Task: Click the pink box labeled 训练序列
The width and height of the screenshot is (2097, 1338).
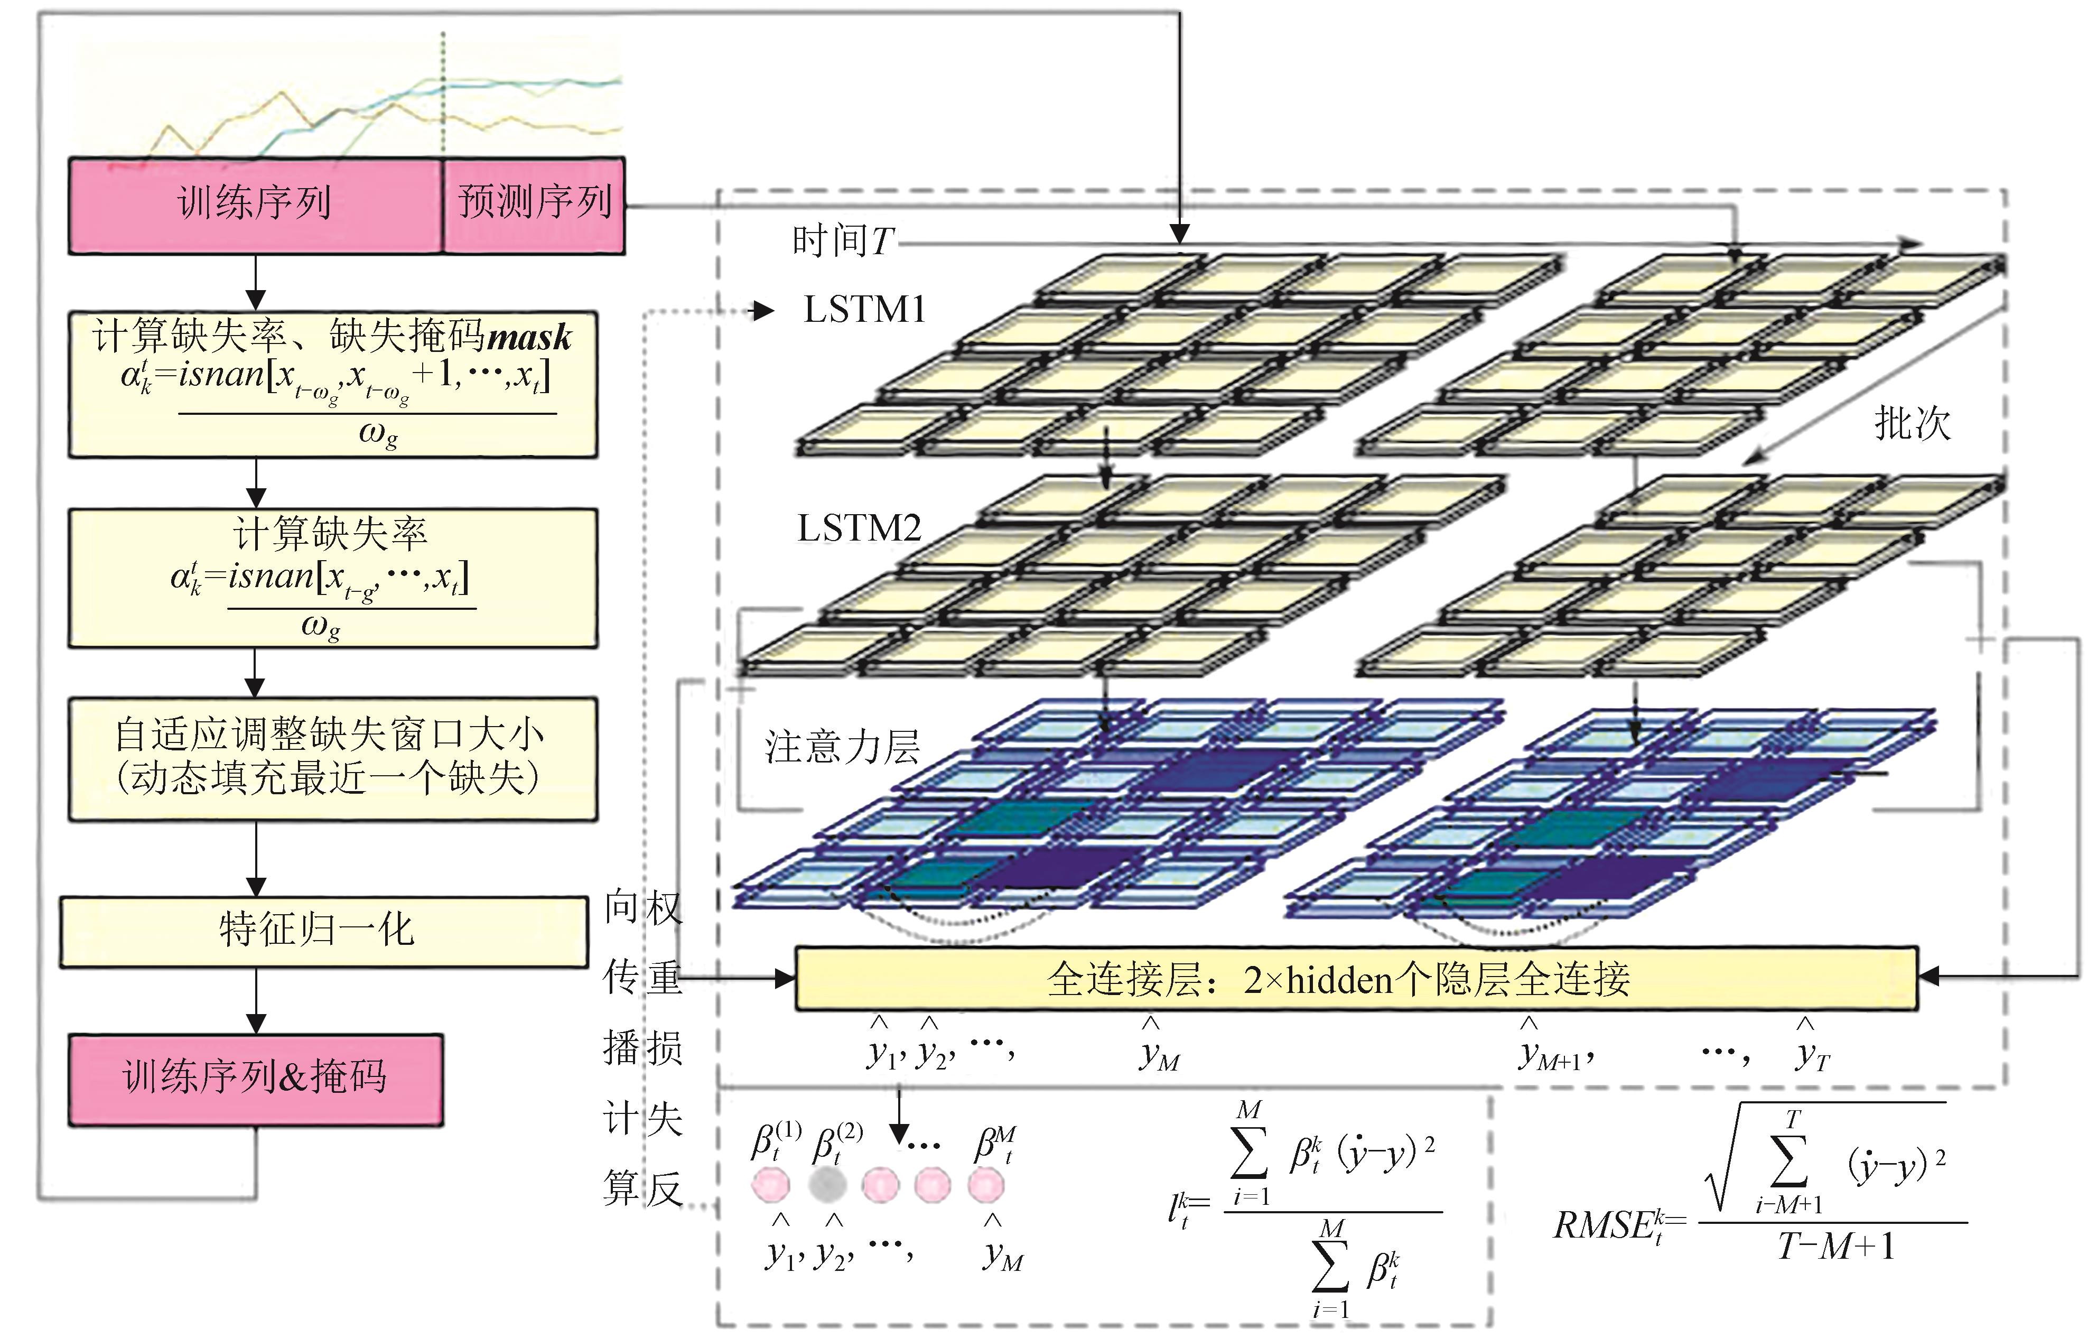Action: pos(255,206)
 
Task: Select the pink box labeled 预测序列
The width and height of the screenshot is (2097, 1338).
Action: pos(534,206)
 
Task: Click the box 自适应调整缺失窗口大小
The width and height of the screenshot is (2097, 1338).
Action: pos(333,759)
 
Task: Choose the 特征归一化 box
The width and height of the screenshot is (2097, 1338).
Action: pos(324,931)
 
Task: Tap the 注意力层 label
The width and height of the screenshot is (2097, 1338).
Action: pos(842,747)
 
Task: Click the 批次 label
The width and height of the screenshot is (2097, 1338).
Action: pos(1913,424)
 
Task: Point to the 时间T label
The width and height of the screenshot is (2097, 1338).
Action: pos(843,240)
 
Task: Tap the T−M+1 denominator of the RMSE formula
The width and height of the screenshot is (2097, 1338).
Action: pos(1836,1247)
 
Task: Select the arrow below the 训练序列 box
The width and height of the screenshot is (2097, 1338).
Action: pos(255,282)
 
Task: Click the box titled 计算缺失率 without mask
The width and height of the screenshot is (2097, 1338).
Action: pos(333,579)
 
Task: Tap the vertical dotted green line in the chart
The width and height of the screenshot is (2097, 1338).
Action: pos(443,95)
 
